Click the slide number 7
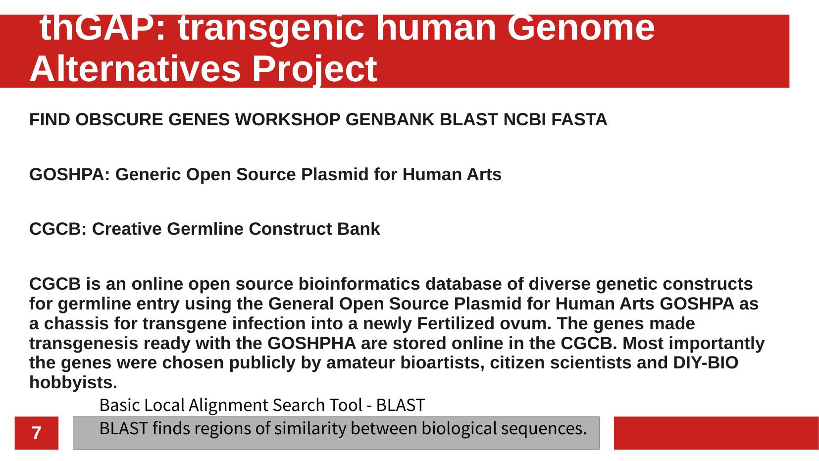click(36, 433)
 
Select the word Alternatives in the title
click(135, 69)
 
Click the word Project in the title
click(314, 69)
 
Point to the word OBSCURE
click(119, 119)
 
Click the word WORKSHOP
click(287, 119)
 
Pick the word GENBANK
click(390, 119)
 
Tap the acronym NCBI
click(524, 119)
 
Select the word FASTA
click(579, 119)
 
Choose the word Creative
click(126, 229)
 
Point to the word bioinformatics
click(359, 284)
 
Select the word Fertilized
click(456, 323)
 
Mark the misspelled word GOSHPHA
click(311, 343)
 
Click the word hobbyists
click(73, 383)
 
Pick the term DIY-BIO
click(706, 362)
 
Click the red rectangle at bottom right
click(717, 433)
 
